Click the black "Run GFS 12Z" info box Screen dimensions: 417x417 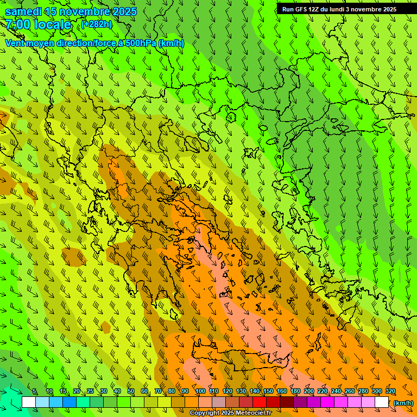pyautogui.click(x=339, y=9)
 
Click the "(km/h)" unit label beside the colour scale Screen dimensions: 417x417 pyautogui.click(x=403, y=403)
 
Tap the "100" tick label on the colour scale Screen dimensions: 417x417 pyautogui.click(x=200, y=391)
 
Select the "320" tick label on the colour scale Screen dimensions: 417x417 pyautogui.click(x=390, y=391)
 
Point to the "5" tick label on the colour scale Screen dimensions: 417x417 pyautogui.click(x=34, y=391)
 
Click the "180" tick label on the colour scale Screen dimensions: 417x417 pyautogui.click(x=295, y=391)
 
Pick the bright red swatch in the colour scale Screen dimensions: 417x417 pyautogui.click(x=260, y=402)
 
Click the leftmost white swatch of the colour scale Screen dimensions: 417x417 pyautogui.click(x=29, y=402)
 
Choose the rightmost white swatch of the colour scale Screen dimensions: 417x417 pyautogui.click(x=382, y=402)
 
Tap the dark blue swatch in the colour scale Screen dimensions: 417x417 pyautogui.click(x=69, y=402)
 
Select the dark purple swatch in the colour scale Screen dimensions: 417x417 pyautogui.click(x=300, y=402)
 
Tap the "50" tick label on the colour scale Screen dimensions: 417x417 pyautogui.click(x=131, y=391)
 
